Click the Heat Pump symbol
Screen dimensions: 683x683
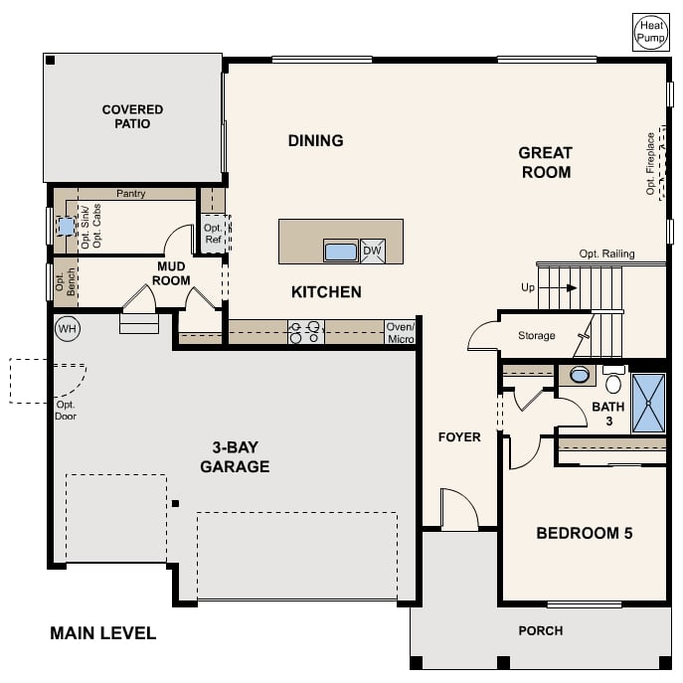(651, 32)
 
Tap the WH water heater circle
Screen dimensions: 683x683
(68, 328)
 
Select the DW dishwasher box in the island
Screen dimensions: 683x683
(373, 251)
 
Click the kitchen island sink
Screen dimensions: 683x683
(341, 251)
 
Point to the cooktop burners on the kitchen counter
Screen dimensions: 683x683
(306, 332)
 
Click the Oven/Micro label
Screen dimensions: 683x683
(401, 332)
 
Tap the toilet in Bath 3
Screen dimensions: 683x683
(613, 380)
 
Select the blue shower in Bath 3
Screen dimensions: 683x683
(648, 404)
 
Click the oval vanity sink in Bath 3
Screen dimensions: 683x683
(580, 375)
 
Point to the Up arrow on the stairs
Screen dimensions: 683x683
(561, 288)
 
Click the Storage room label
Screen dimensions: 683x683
(537, 335)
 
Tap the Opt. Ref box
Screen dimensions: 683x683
(214, 234)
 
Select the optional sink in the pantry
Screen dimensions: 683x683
(66, 227)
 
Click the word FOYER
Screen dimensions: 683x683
(459, 436)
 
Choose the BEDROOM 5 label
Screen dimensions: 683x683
(585, 533)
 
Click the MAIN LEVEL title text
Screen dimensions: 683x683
(102, 633)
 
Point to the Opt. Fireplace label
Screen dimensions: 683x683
(650, 164)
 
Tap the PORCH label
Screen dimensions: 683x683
(541, 630)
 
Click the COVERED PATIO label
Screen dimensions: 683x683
(132, 116)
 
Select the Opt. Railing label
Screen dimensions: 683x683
(606, 254)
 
